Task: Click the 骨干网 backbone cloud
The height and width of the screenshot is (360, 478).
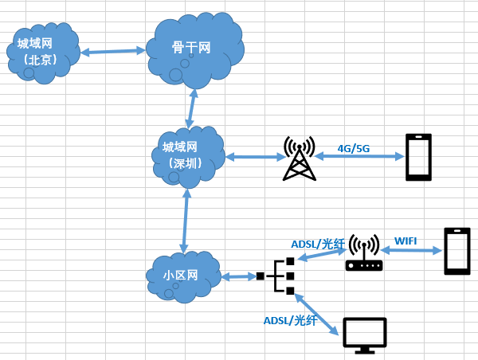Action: [193, 49]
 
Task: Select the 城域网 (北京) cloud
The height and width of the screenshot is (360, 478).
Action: [42, 53]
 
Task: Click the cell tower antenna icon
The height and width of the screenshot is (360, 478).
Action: [300, 158]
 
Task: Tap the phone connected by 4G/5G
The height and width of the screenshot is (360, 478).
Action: [419, 157]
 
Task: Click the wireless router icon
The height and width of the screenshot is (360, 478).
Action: [364, 255]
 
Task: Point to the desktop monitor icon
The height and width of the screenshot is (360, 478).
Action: [364, 334]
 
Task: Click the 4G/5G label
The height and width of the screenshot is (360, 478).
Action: [355, 147]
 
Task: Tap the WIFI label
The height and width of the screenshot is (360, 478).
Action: [406, 240]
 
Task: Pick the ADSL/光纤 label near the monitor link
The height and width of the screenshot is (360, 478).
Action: [290, 320]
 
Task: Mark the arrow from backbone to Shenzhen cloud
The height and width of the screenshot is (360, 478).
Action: [191, 107]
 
